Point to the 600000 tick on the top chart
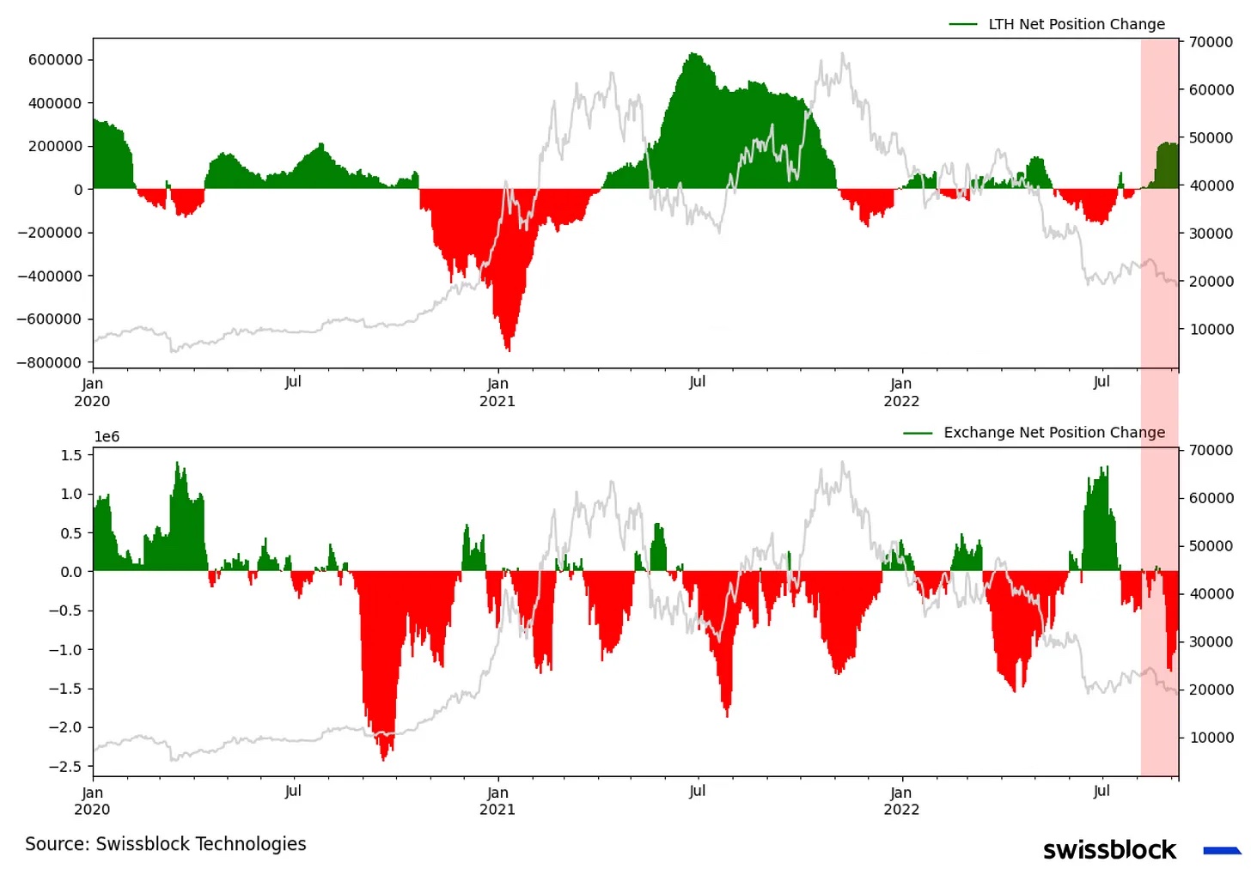pyautogui.click(x=56, y=60)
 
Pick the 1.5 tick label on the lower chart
pyautogui.click(x=71, y=455)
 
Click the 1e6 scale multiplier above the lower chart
pyautogui.click(x=107, y=437)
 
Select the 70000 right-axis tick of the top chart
pyautogui.click(x=1211, y=42)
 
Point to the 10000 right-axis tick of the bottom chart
pyautogui.click(x=1211, y=738)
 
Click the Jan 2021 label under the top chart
pyautogui.click(x=497, y=392)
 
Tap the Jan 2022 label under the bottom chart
pyautogui.click(x=901, y=800)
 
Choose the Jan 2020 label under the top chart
pyautogui.click(x=92, y=392)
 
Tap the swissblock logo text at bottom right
pyautogui.click(x=1109, y=850)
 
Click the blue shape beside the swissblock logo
pyautogui.click(x=1222, y=851)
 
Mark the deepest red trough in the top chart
pyautogui.click(x=509, y=348)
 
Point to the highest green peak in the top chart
pyautogui.click(x=693, y=56)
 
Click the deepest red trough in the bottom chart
pyautogui.click(x=383, y=757)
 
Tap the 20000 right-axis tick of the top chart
pyautogui.click(x=1211, y=282)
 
